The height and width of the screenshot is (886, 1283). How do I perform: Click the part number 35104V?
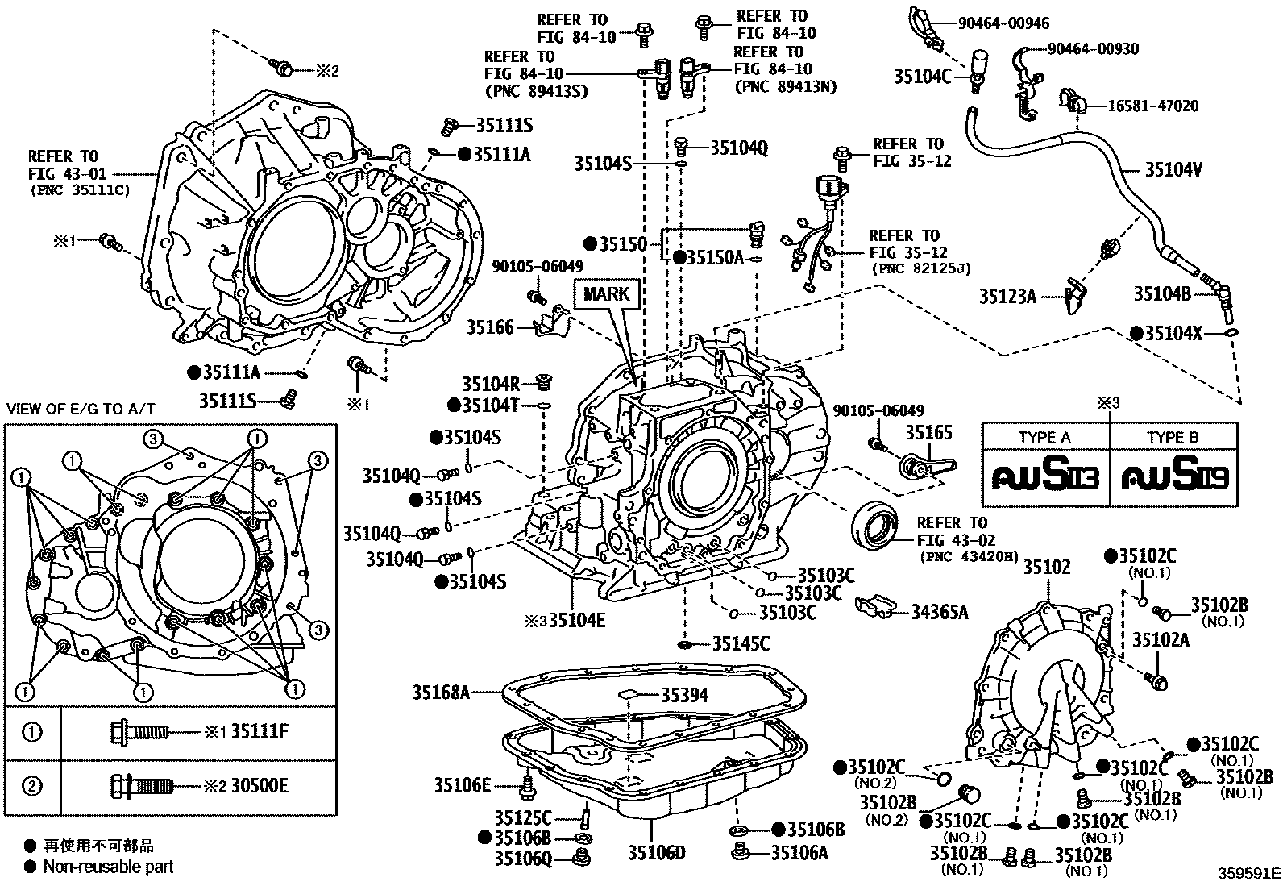click(1174, 170)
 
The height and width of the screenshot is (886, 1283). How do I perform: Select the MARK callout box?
click(606, 293)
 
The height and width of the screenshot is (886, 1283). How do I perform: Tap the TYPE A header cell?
click(1044, 437)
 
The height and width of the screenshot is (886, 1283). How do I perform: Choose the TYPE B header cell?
click(1173, 437)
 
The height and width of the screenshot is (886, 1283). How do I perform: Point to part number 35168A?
click(441, 692)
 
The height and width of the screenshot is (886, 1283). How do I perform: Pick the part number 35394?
click(685, 694)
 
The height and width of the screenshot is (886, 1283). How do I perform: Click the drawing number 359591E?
click(1248, 873)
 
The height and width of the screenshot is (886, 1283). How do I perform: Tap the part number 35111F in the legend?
click(260, 732)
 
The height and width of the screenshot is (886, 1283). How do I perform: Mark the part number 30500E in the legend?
click(259, 786)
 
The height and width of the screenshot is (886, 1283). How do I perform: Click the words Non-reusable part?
click(108, 867)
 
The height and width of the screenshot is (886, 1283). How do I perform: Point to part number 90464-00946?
click(1003, 24)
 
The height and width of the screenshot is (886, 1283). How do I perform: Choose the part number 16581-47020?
click(1152, 106)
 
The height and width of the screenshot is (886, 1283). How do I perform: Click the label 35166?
click(490, 328)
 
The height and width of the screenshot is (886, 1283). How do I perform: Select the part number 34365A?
click(939, 613)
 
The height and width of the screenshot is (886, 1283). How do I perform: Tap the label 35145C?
click(741, 643)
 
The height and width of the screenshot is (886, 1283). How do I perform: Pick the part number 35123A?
click(1007, 296)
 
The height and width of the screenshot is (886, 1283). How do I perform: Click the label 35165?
click(928, 432)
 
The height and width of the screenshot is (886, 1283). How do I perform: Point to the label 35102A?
click(1161, 639)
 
